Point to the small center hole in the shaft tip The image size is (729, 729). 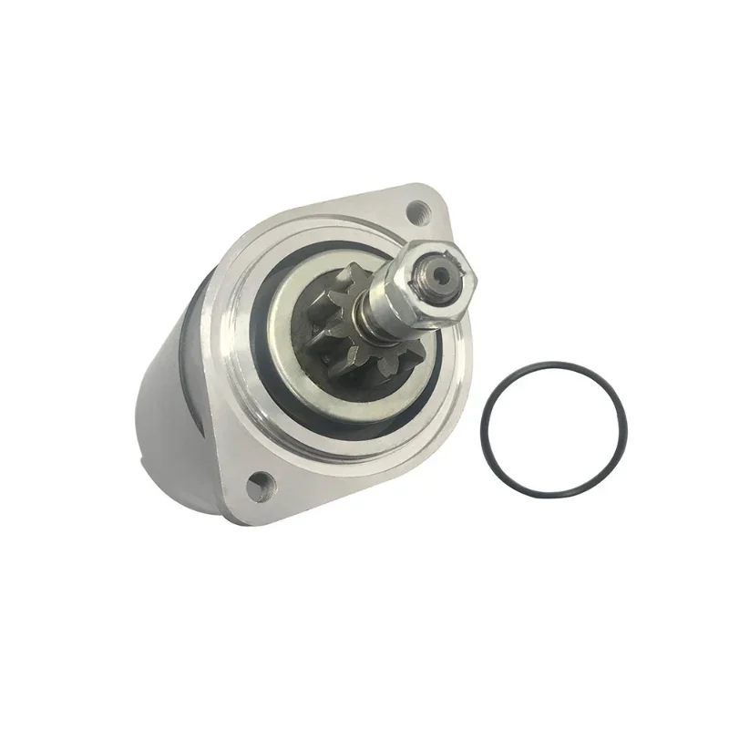pyautogui.click(x=441, y=271)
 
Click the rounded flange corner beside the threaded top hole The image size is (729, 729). pyautogui.click(x=436, y=197)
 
